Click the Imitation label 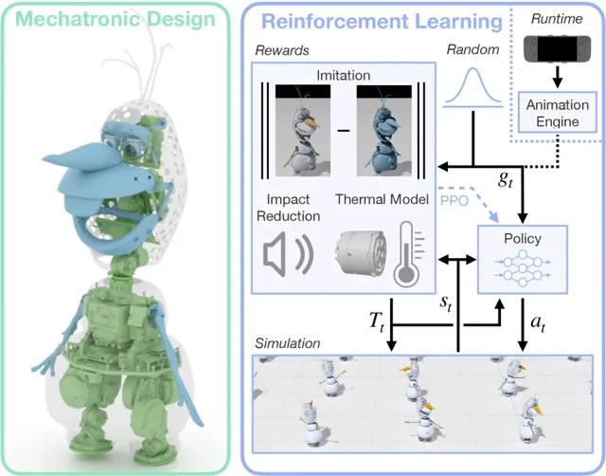pyautogui.click(x=344, y=75)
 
